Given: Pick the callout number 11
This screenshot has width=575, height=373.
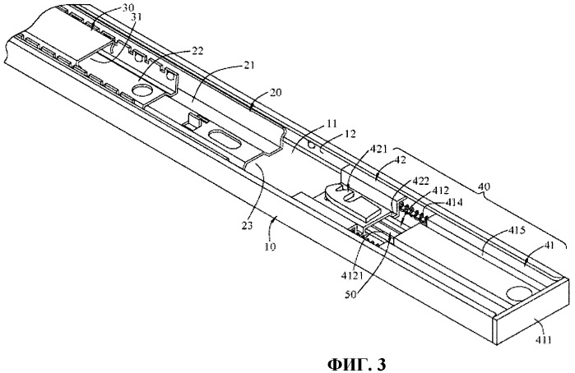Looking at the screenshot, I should (x=307, y=124).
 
